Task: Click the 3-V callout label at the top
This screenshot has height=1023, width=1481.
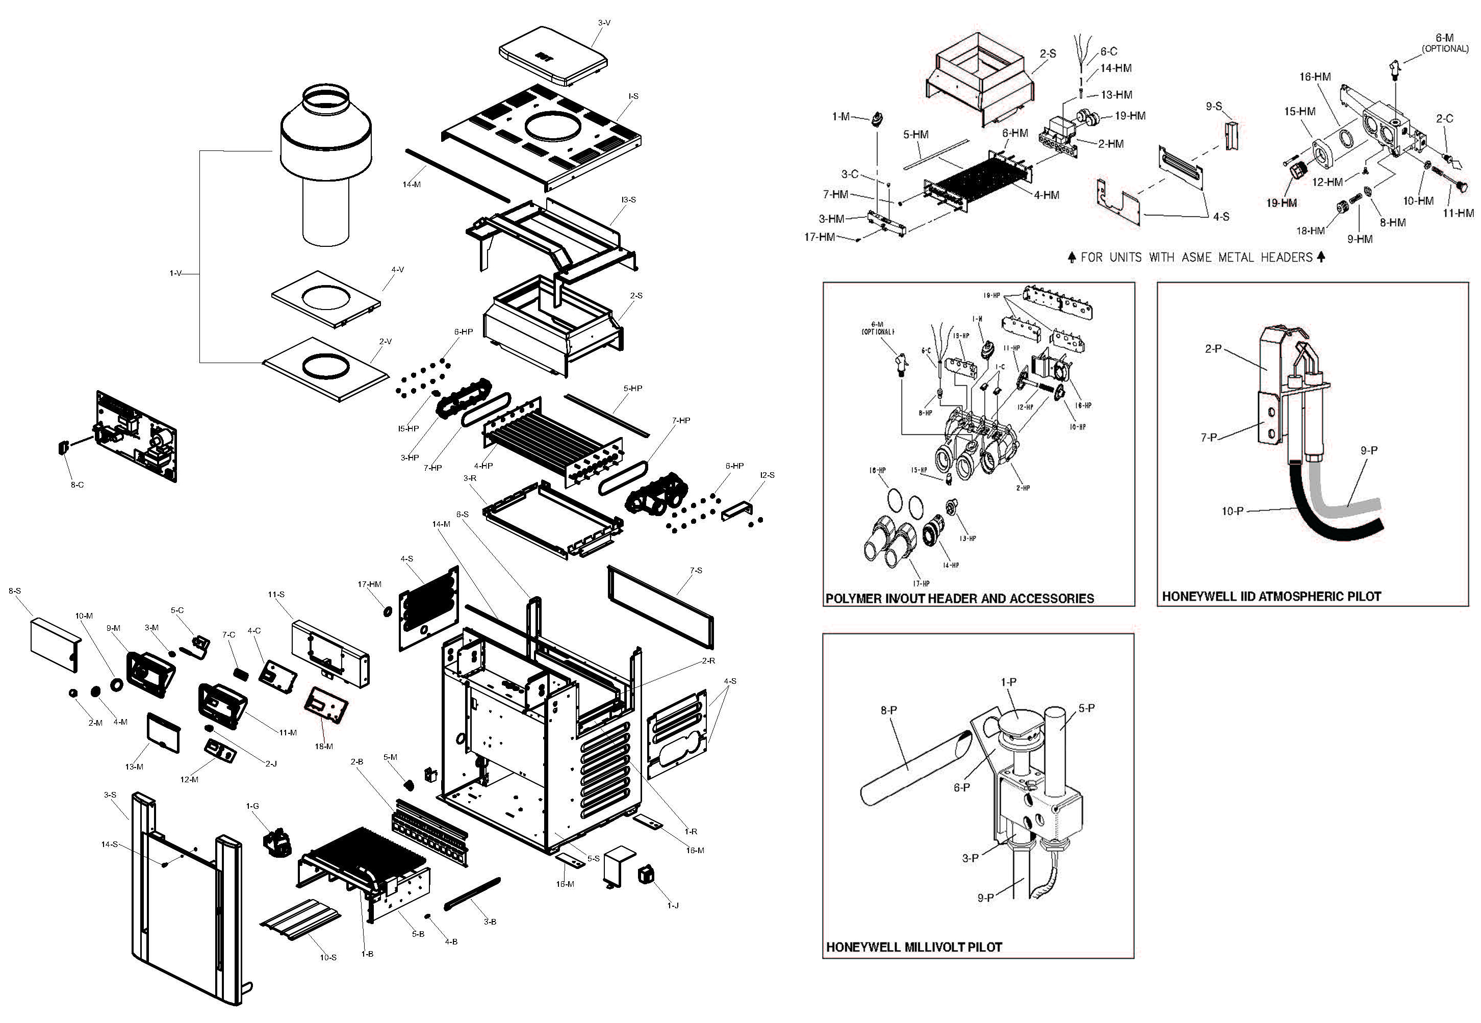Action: (604, 23)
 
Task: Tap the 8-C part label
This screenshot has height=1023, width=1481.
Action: (77, 484)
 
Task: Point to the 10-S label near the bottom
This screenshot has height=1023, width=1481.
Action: (328, 957)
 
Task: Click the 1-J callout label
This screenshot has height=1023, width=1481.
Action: (672, 905)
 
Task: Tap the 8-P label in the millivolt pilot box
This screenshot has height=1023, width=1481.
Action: (888, 710)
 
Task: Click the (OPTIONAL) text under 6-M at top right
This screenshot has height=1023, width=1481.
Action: (1445, 49)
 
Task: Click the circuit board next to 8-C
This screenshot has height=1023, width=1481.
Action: (137, 436)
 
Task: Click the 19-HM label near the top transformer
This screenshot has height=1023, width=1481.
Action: (1130, 116)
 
